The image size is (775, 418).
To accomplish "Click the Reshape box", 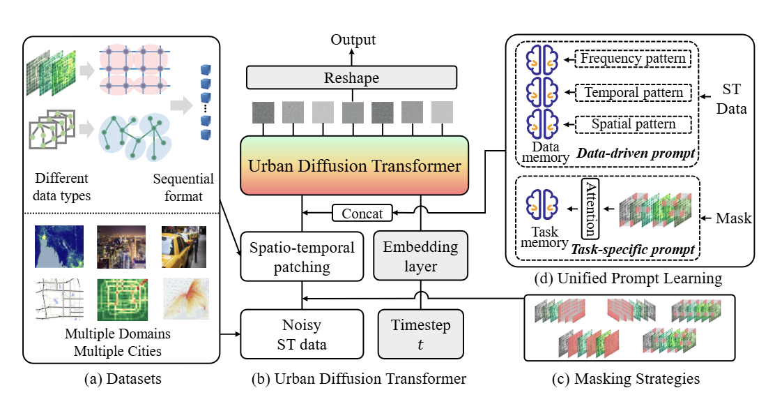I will click(351, 78).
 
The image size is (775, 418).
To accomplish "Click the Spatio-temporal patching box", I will click(302, 257).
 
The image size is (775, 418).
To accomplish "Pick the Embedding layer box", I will click(420, 257).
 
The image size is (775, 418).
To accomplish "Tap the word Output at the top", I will click(352, 40).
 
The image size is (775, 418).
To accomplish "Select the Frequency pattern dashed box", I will click(632, 59).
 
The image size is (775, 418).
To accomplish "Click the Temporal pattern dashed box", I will click(632, 91).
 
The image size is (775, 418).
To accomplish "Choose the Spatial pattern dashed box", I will click(632, 124).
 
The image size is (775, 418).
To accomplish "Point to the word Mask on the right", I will click(733, 218).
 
